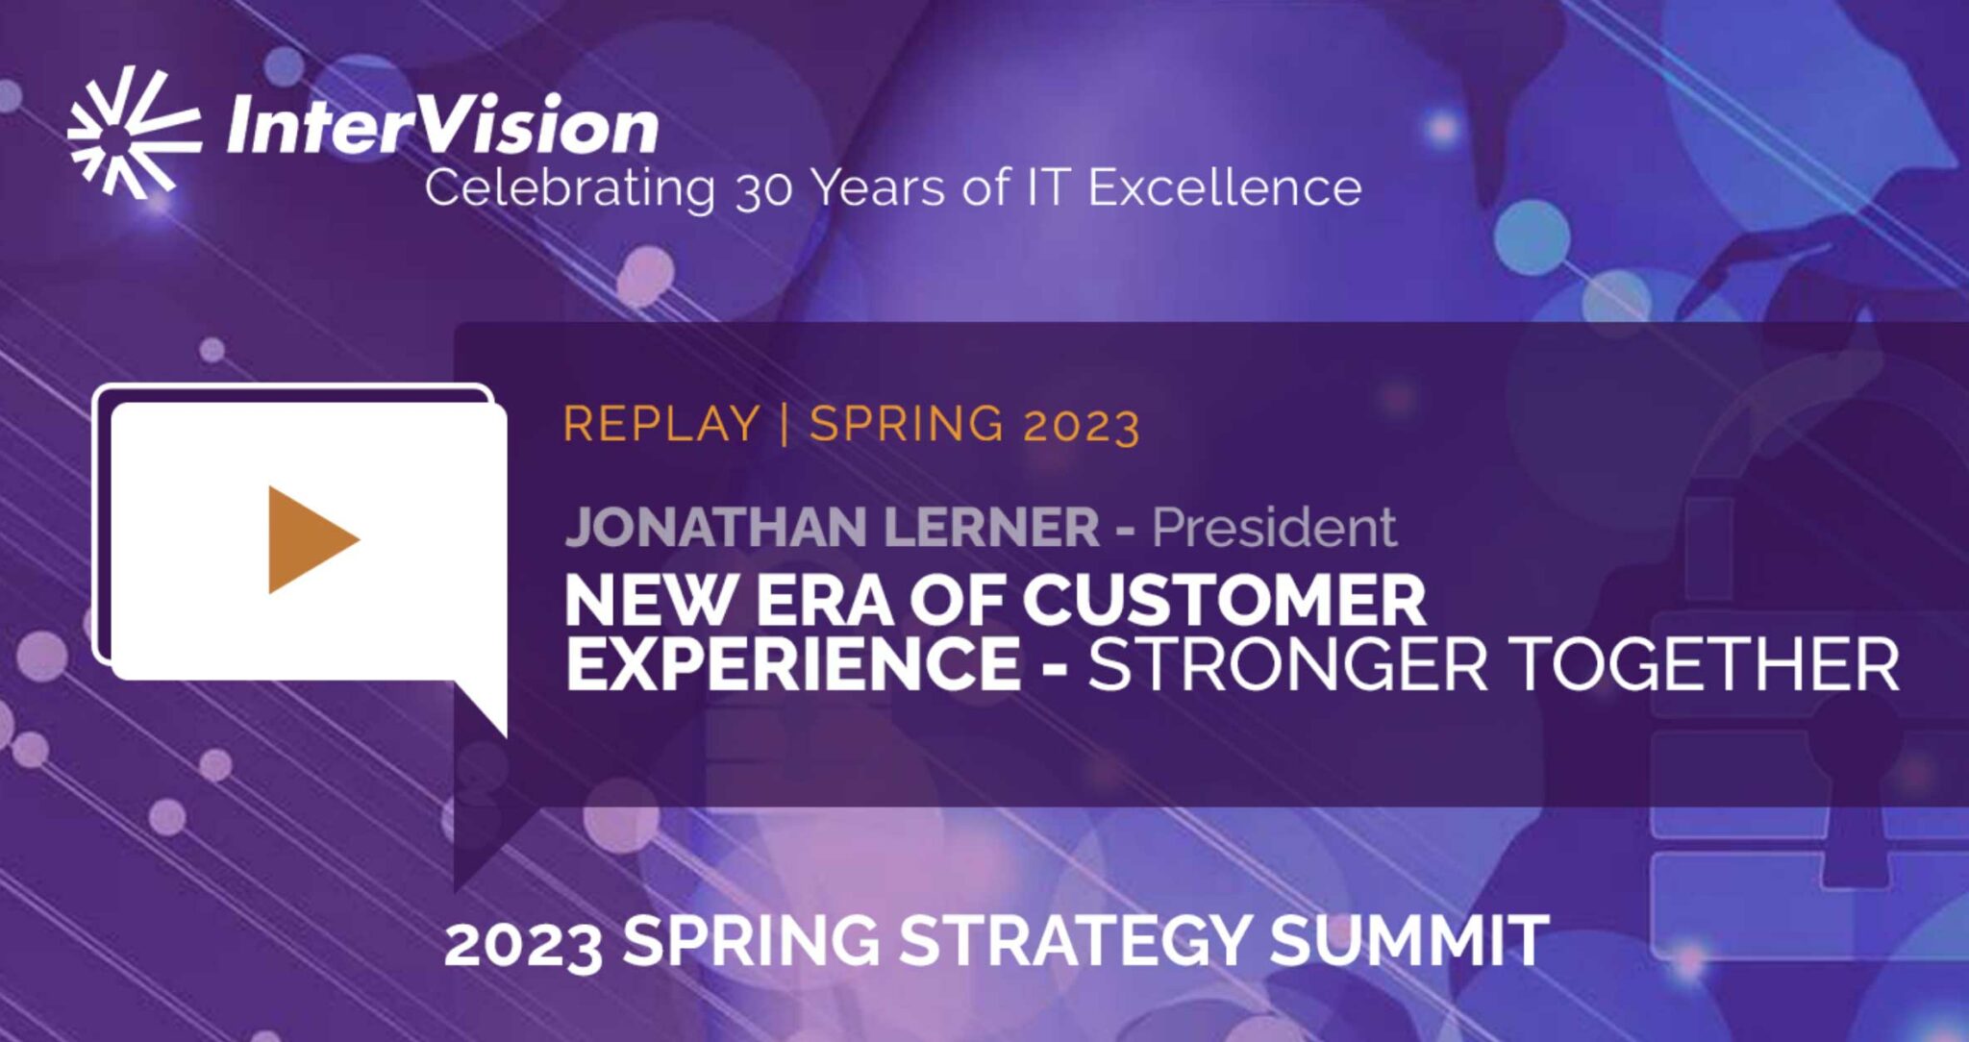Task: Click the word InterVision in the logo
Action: tap(442, 128)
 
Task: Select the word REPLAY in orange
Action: tap(661, 424)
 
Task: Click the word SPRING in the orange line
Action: tap(907, 424)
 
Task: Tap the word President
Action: tap(1274, 527)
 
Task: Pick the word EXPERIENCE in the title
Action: tap(792, 663)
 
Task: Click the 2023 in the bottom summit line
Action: tap(523, 944)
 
